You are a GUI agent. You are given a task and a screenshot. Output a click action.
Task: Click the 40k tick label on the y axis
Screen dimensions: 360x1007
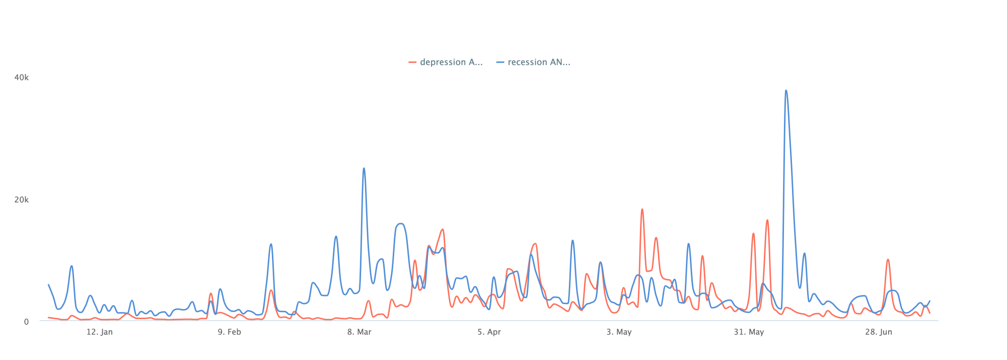coord(21,78)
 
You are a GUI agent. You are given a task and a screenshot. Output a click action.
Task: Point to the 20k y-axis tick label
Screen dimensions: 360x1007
coord(21,200)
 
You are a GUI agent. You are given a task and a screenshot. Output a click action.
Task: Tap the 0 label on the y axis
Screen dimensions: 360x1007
coord(26,322)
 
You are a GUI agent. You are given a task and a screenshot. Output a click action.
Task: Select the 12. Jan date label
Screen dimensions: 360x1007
coord(99,332)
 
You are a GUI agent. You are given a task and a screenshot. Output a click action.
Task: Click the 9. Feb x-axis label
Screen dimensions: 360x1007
coord(229,332)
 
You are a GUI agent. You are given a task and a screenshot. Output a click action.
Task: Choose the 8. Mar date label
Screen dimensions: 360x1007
coord(359,332)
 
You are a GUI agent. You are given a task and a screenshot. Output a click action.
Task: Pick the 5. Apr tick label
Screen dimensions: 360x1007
coord(489,332)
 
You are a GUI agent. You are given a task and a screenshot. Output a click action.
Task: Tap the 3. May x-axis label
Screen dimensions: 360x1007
coord(619,332)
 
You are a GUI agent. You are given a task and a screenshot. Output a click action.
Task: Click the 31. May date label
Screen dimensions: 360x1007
coord(749,332)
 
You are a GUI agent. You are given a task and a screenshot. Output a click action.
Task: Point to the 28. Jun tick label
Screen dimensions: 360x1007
coord(879,332)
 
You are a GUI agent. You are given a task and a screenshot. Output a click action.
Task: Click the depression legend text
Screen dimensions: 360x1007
coord(451,62)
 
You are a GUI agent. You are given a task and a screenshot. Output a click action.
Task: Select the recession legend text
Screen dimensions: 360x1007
coord(539,62)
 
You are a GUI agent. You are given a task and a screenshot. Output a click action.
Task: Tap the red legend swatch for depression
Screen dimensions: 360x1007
coord(413,62)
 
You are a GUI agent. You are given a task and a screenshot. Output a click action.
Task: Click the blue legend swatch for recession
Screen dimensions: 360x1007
coord(500,62)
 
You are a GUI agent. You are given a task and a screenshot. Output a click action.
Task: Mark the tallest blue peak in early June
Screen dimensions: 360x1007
coord(786,91)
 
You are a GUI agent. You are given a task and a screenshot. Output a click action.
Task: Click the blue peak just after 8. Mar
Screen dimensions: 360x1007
coord(364,169)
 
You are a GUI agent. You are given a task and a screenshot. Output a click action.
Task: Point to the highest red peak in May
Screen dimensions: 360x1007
coord(642,209)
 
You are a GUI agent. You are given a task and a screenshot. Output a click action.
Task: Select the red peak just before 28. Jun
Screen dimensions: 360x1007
coord(888,260)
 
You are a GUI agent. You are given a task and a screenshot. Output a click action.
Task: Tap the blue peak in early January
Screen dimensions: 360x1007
coord(71,266)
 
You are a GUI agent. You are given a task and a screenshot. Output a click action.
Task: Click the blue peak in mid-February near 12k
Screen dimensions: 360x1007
coord(271,245)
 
